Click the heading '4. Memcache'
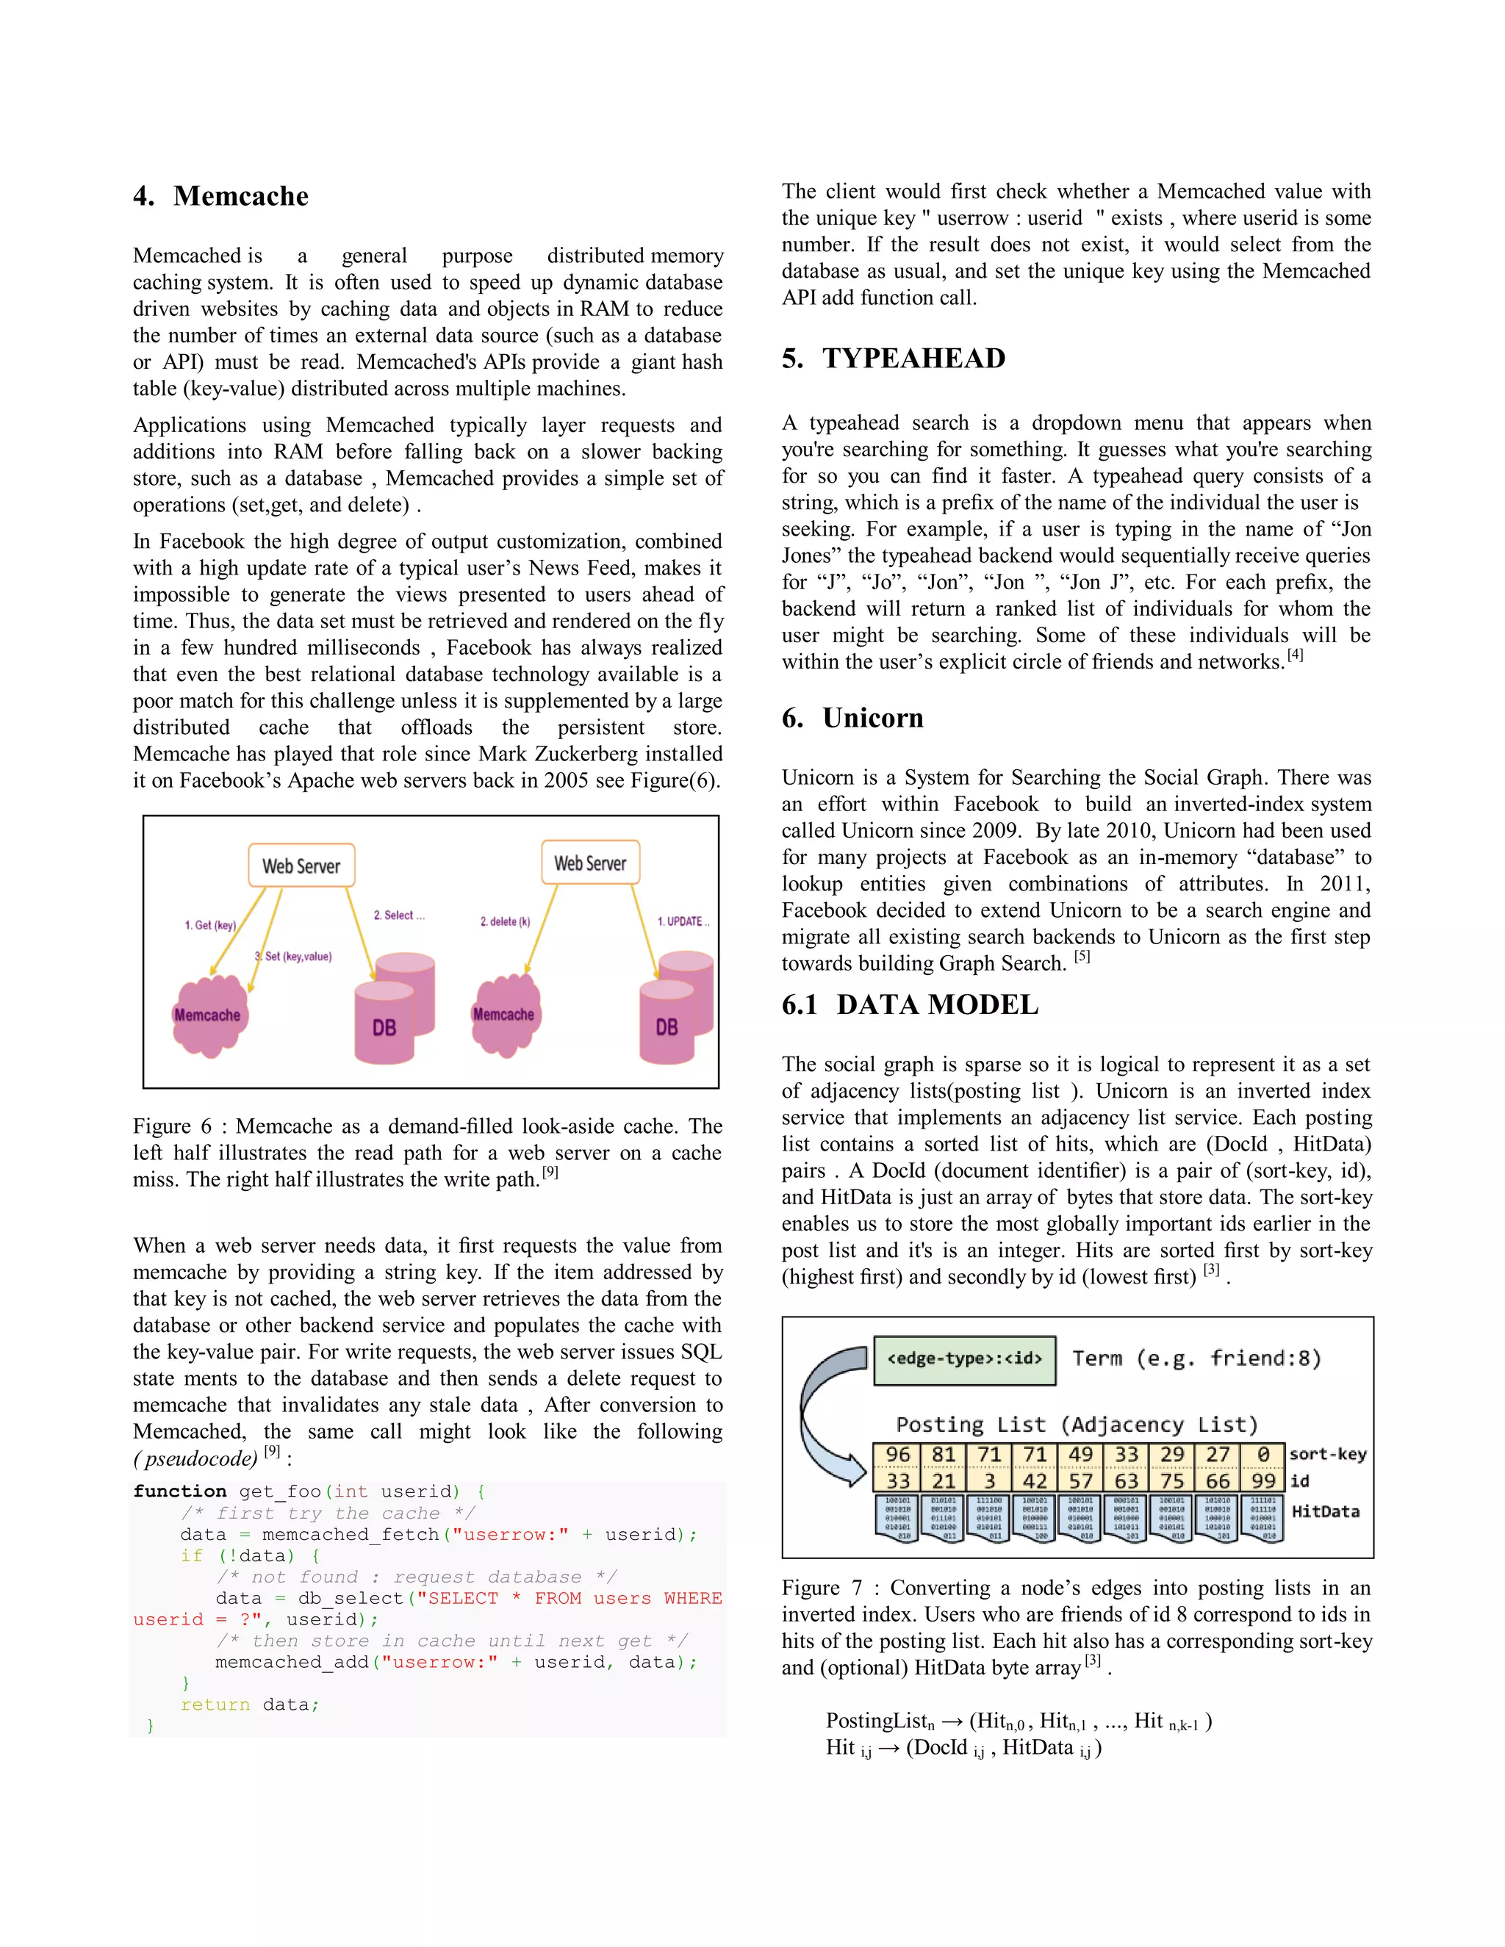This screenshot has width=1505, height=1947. tap(220, 196)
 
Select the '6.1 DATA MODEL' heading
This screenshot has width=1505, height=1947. tap(910, 1004)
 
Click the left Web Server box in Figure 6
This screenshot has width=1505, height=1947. tap(301, 865)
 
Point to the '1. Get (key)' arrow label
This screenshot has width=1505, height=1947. tap(210, 925)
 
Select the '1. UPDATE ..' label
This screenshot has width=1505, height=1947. tap(683, 921)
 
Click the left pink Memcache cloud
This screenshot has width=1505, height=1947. tap(209, 1015)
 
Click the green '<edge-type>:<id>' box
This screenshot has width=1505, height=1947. tap(964, 1358)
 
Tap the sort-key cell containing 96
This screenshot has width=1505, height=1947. tap(897, 1455)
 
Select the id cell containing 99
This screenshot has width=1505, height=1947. tap(1262, 1480)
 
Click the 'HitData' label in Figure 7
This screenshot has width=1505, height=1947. tap(1325, 1511)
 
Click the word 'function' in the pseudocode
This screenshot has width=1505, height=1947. tap(180, 1491)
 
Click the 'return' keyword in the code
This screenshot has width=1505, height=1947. tap(215, 1705)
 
